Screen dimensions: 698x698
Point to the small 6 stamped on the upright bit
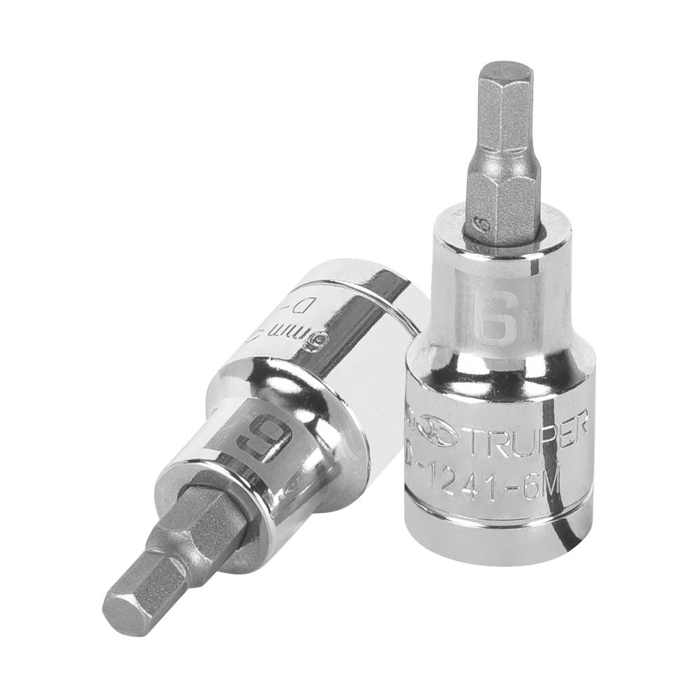[x=480, y=225]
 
